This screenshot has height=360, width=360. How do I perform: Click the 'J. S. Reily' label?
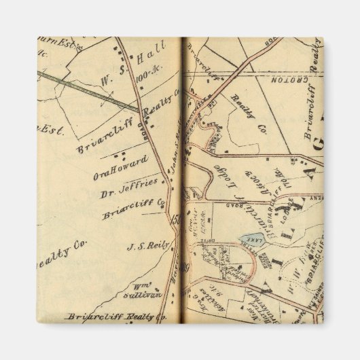click(143, 247)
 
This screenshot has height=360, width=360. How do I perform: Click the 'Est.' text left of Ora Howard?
click(52, 129)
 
